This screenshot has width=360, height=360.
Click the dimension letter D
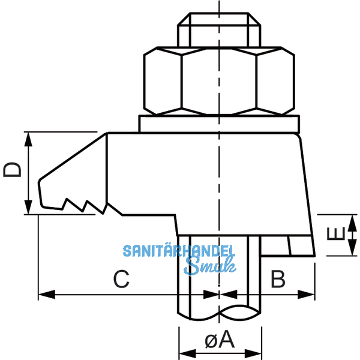(x=12, y=170)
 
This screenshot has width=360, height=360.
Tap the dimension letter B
(x=277, y=278)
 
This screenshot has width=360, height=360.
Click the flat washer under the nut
(x=220, y=124)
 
